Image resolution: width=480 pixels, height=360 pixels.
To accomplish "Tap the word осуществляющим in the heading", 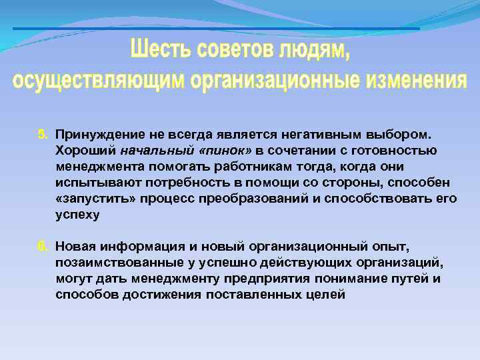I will point(99,80).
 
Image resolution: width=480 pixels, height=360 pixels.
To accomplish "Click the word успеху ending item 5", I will point(77,215).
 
